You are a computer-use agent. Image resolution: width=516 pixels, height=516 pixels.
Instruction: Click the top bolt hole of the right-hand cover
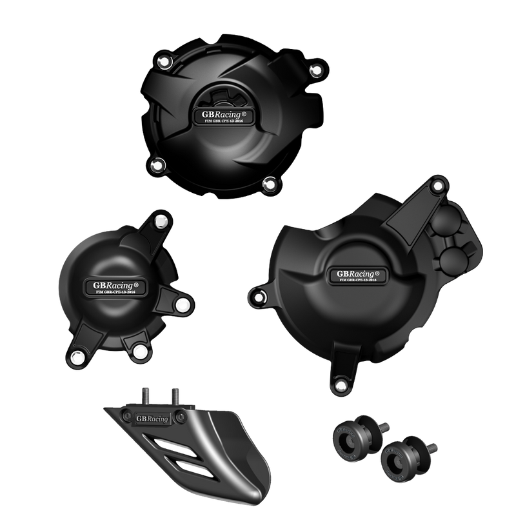pos(439,186)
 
